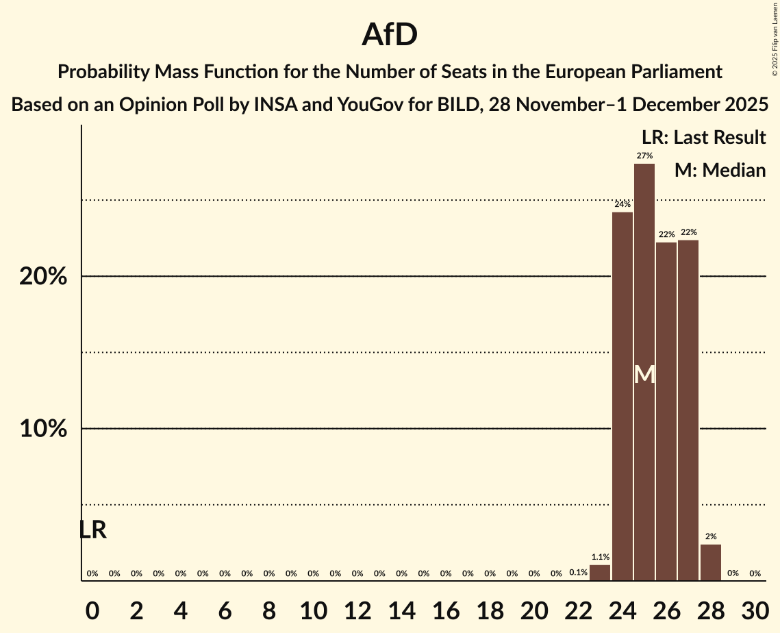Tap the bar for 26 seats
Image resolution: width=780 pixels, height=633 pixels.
pyautogui.click(x=666, y=411)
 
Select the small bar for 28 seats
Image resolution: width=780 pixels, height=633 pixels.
pyautogui.click(x=711, y=562)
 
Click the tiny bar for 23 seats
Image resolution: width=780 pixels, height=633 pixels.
pyautogui.click(x=600, y=573)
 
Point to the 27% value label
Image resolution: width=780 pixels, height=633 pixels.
pyautogui.click(x=644, y=156)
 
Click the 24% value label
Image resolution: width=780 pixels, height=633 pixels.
pyautogui.click(x=622, y=204)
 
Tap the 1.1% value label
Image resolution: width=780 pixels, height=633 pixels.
pyautogui.click(x=600, y=557)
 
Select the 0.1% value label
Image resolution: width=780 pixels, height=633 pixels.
pyautogui.click(x=578, y=573)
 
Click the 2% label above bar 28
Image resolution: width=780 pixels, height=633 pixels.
pyautogui.click(x=711, y=536)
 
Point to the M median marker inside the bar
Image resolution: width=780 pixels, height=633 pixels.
pyautogui.click(x=644, y=375)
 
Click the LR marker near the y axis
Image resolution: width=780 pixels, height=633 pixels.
pyautogui.click(x=92, y=530)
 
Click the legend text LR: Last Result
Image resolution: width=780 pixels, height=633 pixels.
pyautogui.click(x=703, y=138)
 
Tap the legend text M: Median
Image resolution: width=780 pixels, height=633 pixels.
pyautogui.click(x=720, y=170)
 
